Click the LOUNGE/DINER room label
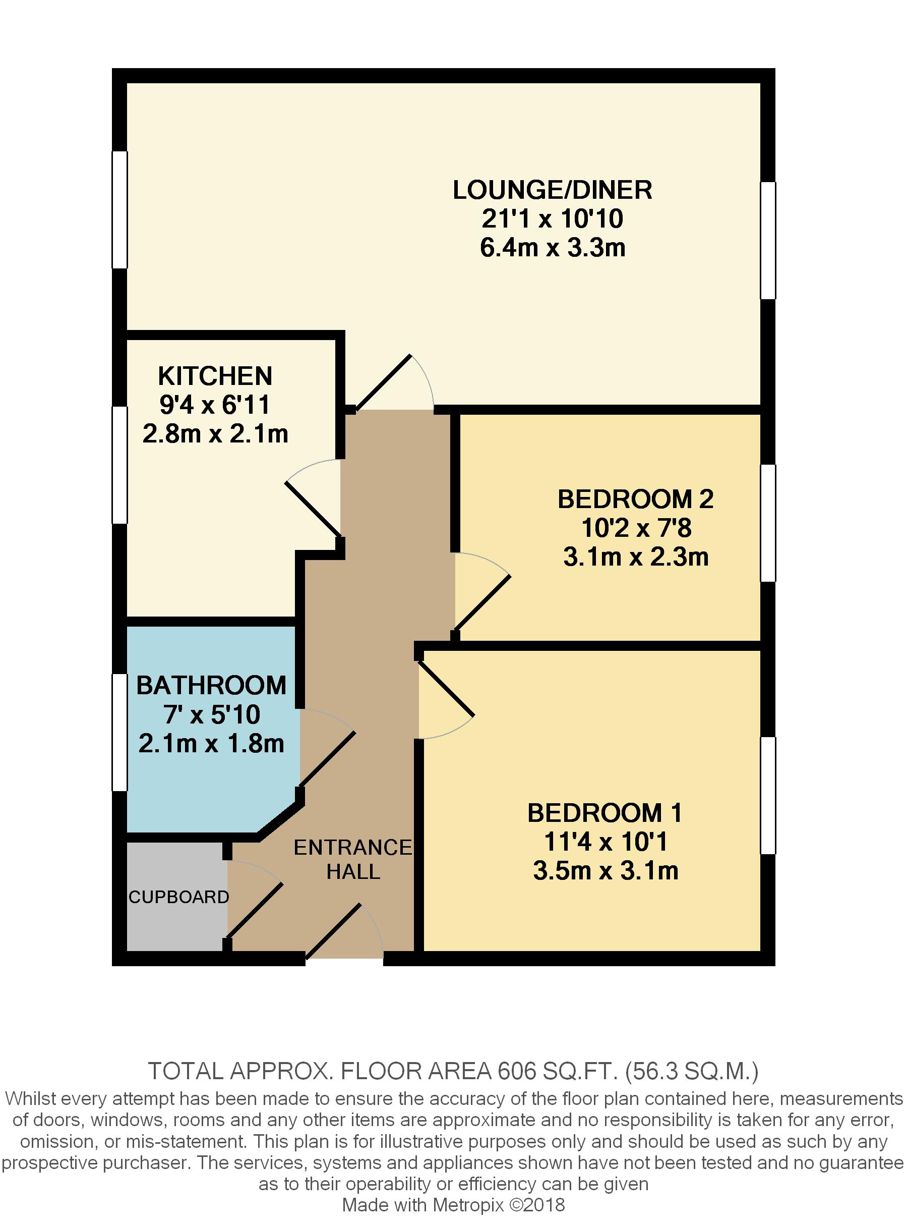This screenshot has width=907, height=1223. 553,190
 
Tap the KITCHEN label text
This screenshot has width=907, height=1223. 215,376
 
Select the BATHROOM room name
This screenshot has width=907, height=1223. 211,685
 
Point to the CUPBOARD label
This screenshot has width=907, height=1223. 178,897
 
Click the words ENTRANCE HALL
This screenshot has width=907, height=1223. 353,859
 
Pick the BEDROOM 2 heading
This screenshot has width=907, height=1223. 636,499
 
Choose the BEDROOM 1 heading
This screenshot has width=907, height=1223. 605,813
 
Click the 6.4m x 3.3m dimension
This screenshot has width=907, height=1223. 553,248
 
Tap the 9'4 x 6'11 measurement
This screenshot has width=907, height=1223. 215,405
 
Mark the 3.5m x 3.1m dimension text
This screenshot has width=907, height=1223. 606,871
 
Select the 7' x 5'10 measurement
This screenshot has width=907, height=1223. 211,714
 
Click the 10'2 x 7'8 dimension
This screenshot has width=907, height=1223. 636,528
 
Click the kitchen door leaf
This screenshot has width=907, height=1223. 313,509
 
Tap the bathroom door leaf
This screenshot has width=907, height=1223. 328,759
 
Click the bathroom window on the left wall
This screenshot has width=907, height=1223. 119,733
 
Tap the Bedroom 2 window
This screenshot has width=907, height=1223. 768,523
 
